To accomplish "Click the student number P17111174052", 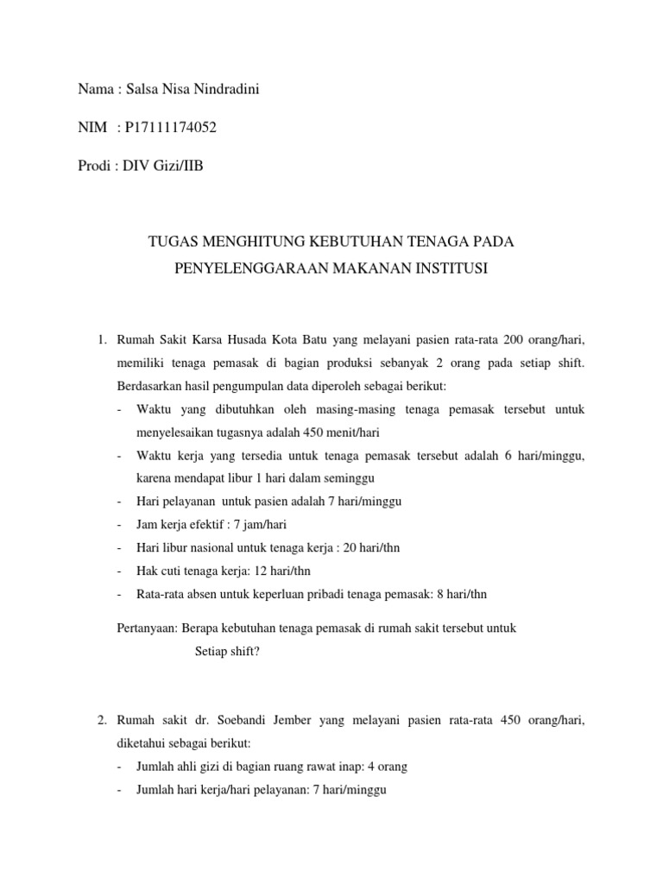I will click(x=171, y=128).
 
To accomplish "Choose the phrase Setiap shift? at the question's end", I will click(x=227, y=652).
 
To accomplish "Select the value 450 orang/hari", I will click(x=546, y=720).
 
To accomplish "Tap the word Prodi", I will click(x=94, y=166).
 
